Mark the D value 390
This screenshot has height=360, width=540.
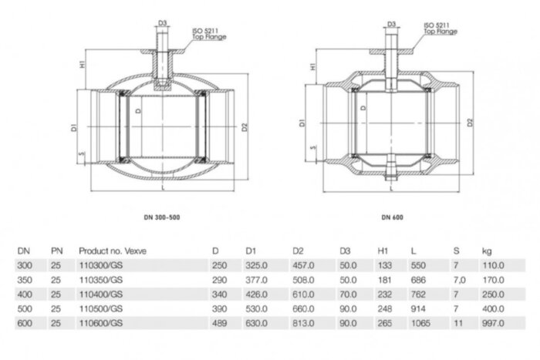coord(218,308)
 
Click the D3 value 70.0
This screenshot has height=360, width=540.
coord(348,294)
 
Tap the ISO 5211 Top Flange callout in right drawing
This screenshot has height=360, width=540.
coord(440,29)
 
